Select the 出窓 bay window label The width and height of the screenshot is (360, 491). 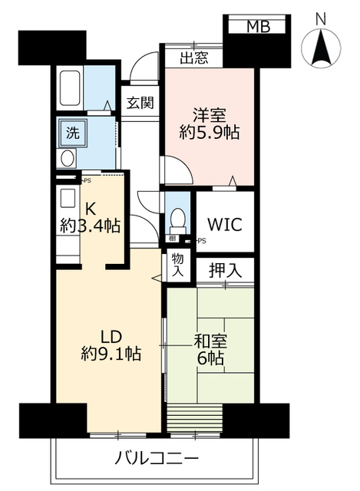193,58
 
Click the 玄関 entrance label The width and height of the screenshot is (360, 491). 140,103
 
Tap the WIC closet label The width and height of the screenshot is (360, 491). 225,225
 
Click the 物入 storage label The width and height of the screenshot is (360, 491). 177,265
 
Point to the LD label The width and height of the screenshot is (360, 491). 111,335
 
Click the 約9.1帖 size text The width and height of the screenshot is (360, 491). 111,354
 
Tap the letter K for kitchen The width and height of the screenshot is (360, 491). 90,208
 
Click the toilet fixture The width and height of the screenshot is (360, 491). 177,219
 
